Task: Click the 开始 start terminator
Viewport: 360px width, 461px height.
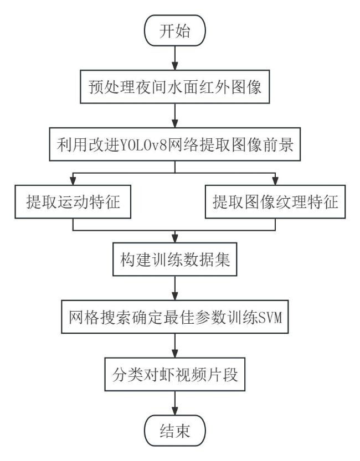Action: [174, 30]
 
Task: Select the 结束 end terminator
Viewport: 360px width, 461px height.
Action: [174, 431]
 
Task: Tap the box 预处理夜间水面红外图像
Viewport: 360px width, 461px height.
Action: [175, 87]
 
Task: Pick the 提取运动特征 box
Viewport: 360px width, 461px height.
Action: [73, 201]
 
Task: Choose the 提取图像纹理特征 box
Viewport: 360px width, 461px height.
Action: [275, 201]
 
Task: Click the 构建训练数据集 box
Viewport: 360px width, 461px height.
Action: [175, 260]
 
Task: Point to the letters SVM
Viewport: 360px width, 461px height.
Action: [270, 317]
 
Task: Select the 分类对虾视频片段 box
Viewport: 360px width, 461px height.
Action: [175, 374]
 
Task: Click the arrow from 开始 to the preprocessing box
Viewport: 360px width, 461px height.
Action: [175, 58]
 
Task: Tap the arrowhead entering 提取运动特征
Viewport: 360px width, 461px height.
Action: [73, 181]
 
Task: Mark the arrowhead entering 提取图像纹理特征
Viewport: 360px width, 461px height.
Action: [275, 181]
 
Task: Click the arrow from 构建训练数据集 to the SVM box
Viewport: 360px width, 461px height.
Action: [175, 288]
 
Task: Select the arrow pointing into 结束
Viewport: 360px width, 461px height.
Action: [175, 403]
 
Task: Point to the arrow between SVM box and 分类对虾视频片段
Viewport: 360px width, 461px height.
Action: [175, 345]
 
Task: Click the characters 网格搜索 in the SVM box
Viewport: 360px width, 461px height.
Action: [99, 317]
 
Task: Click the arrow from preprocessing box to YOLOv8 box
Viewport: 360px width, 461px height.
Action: [175, 116]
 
